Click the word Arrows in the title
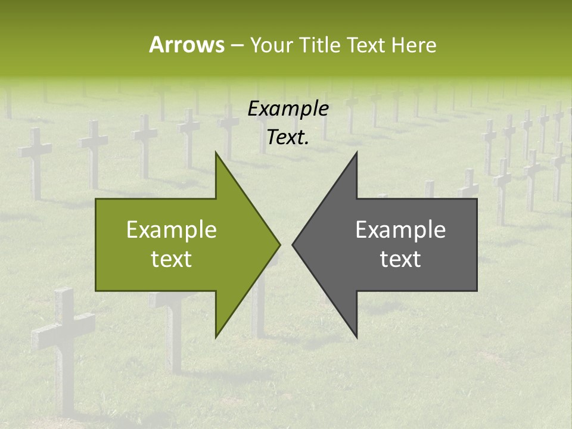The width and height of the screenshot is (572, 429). tap(186, 45)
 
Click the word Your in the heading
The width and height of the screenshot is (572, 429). tap(270, 45)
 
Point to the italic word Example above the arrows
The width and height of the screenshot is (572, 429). tap(288, 108)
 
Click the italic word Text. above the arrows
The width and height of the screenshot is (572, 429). tap(288, 137)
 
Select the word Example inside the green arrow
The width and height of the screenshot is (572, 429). tap(172, 230)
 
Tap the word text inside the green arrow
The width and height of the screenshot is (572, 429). tap(172, 259)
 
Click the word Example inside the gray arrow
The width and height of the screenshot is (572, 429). tap(400, 230)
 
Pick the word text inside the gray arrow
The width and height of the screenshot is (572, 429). tap(400, 259)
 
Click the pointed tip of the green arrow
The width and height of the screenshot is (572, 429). tap(279, 244)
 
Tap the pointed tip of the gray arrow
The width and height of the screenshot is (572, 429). tap(293, 244)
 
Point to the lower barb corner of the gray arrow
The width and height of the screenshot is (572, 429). tap(357, 337)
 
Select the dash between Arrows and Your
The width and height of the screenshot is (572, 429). tap(237, 45)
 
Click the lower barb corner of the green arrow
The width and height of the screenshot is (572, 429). tap(216, 337)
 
